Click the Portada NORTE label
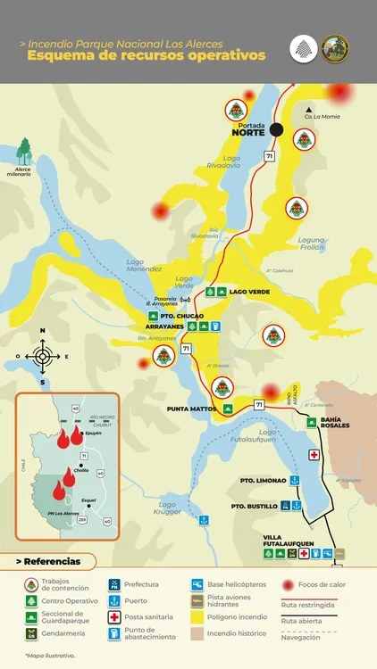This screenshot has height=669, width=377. click(248, 128)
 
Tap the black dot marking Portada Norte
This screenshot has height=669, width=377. click(277, 129)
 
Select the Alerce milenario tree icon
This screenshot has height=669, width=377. click(24, 149)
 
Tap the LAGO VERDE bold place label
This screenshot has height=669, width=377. click(249, 292)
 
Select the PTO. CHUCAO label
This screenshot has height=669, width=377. click(182, 316)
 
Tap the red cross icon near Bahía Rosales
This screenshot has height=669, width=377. click(314, 455)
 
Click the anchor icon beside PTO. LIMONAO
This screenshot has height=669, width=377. click(295, 480)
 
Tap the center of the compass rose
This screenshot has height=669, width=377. click(42, 357)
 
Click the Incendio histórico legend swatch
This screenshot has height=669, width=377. click(197, 634)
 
